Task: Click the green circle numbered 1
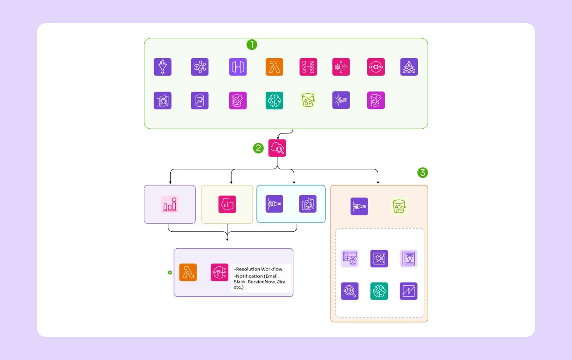(x=251, y=45)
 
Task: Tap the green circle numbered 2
(x=258, y=148)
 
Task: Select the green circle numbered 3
(x=423, y=173)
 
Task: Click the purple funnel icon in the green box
(x=162, y=67)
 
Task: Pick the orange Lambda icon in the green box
(x=274, y=67)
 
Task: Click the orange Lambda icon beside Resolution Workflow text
(x=188, y=272)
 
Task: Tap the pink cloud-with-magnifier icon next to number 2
(x=277, y=148)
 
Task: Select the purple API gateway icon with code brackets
(x=238, y=67)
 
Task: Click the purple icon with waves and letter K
(x=409, y=67)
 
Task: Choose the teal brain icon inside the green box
(x=274, y=100)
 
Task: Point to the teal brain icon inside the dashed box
(x=379, y=291)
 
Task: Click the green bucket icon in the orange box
(x=399, y=206)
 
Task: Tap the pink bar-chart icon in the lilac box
(x=170, y=204)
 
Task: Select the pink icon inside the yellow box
(x=227, y=204)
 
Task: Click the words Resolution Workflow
(x=259, y=269)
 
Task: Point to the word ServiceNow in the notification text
(x=262, y=282)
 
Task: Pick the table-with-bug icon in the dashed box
(x=350, y=258)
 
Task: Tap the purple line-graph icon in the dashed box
(x=409, y=291)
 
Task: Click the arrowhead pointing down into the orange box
(x=378, y=183)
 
